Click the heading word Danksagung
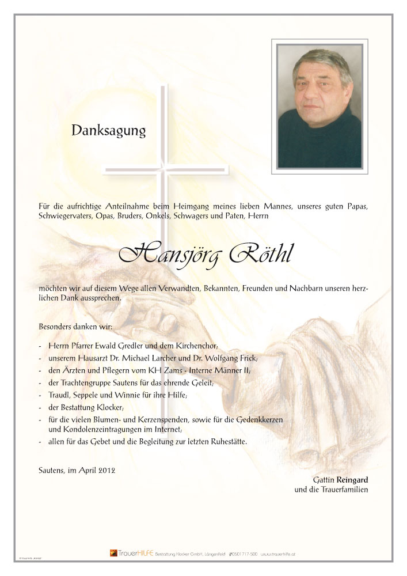108,131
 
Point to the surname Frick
245,358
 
